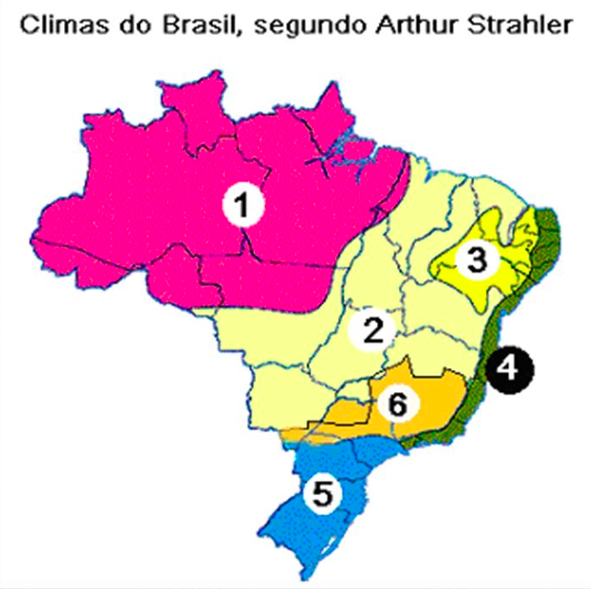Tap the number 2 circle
(372, 328)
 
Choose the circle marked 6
(396, 404)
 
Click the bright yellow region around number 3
(452, 281)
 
